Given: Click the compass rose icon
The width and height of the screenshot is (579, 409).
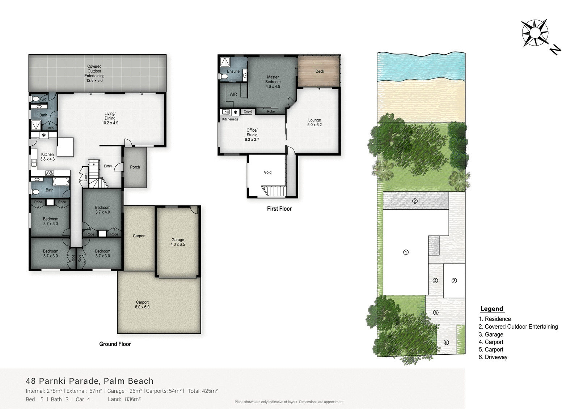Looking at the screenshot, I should click(534, 33).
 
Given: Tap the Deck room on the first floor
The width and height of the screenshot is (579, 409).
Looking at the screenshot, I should click(319, 71).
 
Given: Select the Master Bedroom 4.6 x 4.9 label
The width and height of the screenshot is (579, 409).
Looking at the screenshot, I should click(273, 82).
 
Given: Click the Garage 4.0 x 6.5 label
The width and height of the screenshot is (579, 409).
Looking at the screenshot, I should click(178, 242).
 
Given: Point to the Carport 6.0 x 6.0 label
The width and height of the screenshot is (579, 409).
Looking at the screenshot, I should click(142, 304).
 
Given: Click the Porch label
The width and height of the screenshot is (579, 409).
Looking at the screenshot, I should click(135, 167).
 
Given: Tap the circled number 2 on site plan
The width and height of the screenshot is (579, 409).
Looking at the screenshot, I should click(415, 201).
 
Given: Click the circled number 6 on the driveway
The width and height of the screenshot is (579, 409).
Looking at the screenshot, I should click(446, 342).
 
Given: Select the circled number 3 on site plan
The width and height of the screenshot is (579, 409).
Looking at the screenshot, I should click(454, 280).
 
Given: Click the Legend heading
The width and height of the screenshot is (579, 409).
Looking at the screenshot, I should click(491, 308).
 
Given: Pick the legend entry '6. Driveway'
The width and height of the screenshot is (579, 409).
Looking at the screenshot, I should click(493, 357).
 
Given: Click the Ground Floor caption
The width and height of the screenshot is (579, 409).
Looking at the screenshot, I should click(115, 344).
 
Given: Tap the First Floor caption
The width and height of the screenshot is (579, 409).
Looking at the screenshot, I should click(279, 209).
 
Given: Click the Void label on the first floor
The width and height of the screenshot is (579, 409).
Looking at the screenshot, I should click(267, 172).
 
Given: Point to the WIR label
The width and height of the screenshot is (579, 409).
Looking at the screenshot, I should click(233, 94).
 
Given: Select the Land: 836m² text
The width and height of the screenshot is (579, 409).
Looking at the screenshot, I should click(124, 399).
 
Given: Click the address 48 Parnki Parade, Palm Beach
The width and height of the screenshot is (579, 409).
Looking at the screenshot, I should click(90, 381).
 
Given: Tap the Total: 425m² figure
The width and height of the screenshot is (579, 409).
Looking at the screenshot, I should click(203, 391).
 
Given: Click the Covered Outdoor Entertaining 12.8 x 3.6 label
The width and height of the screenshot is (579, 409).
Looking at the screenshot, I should click(94, 73).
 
